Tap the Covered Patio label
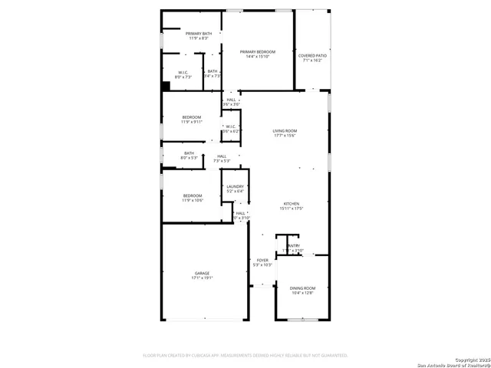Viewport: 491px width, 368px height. (312, 55)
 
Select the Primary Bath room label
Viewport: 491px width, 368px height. (198, 34)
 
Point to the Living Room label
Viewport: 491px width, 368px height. (285, 131)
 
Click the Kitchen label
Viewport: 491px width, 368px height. (292, 203)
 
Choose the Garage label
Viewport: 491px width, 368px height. (202, 273)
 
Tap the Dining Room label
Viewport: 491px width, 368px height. (302, 287)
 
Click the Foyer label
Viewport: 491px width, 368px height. (262, 261)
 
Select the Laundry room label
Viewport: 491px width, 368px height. (235, 186)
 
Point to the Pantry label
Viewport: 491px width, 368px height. (293, 245)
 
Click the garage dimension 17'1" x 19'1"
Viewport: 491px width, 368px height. (202, 278)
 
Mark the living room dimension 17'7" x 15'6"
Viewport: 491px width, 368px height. (285, 136)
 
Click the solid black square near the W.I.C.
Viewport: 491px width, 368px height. (165, 87)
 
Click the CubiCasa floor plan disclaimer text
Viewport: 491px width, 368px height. (245, 355)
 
